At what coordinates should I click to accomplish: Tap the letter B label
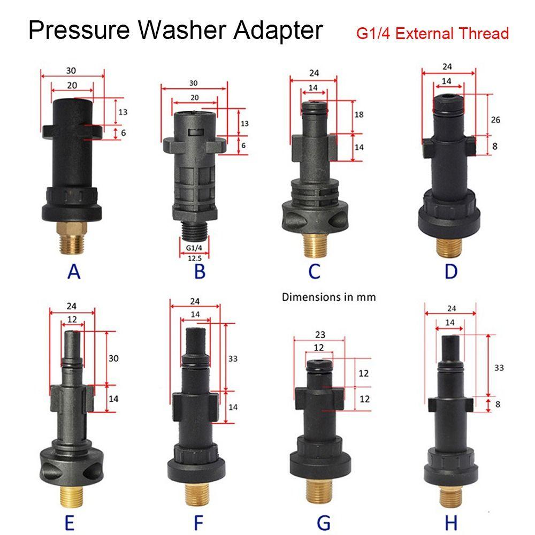pos(200,272)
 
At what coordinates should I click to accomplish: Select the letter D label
pos(451,271)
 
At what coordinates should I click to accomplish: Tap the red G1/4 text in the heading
pos(372,33)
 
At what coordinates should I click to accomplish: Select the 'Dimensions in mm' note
pos(329,297)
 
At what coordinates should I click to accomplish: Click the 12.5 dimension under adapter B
pos(194,258)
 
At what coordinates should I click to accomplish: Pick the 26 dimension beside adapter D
pos(495,120)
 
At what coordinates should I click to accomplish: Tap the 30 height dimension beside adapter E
pos(112,358)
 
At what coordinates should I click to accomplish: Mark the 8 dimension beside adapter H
pos(498,404)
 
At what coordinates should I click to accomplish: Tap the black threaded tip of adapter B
pos(193,230)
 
